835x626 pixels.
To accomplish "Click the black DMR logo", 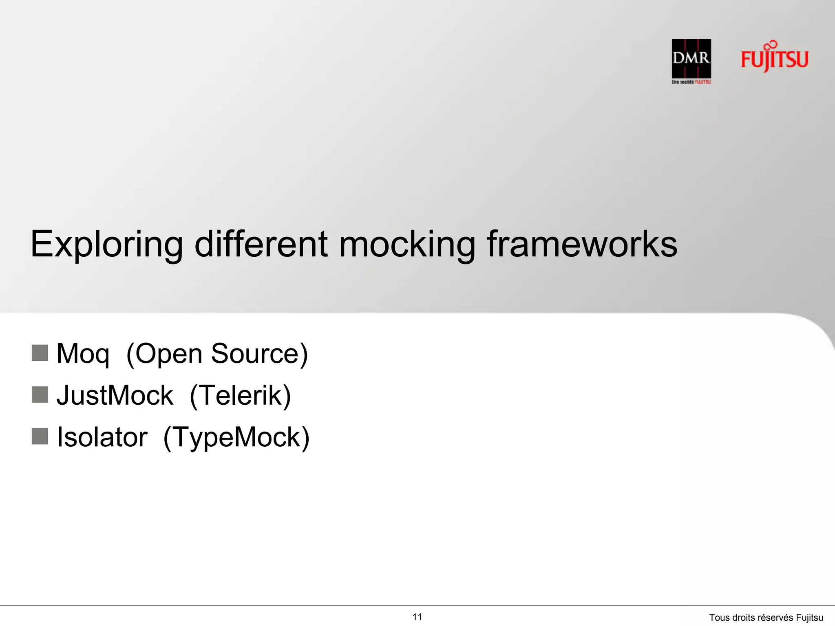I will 691,58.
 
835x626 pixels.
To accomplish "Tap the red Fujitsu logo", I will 774,58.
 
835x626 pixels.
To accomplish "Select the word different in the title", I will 261,244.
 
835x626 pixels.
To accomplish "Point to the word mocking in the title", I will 407,244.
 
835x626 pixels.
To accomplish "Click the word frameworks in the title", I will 582,244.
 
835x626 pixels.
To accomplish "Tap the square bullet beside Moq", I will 40,353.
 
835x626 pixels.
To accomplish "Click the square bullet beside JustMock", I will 40,395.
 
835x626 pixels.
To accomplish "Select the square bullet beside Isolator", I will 40,436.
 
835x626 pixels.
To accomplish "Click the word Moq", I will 83,354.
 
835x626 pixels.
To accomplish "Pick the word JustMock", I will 115,395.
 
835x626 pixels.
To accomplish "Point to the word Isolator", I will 102,437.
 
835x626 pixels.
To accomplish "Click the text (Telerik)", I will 241,395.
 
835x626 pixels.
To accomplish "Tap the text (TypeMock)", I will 236,437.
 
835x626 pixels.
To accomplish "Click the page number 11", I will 417,617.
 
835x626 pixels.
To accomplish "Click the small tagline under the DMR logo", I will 691,82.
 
